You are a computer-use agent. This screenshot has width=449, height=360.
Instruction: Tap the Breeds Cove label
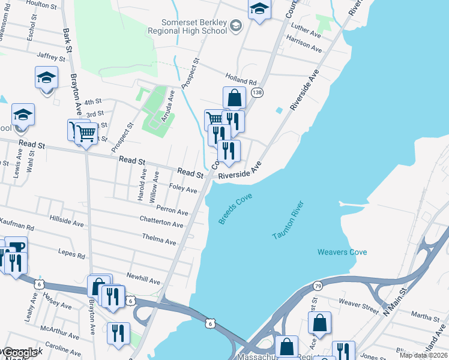tap(235, 209)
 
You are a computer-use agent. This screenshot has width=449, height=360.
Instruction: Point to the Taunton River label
tap(289, 221)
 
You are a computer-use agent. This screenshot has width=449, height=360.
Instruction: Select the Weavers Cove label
tap(341, 252)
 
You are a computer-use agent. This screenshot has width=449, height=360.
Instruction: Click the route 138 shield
tap(258, 92)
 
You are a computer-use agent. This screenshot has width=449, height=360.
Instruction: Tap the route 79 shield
tap(318, 286)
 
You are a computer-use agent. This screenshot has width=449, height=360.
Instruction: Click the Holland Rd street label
tap(241, 79)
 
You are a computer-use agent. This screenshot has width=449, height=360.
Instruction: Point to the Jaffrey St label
tap(50, 56)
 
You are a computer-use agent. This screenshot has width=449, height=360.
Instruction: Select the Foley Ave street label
tap(183, 189)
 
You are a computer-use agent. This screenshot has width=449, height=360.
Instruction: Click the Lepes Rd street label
tap(72, 254)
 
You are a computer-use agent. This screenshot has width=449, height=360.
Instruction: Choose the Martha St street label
tap(426, 316)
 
